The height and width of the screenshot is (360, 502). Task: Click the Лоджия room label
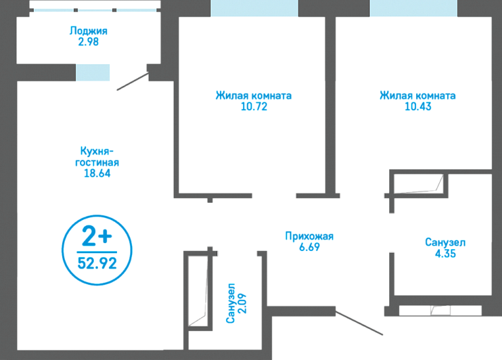point(88,30)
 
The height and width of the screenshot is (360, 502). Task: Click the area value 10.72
point(254,107)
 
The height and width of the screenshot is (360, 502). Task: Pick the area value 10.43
point(417,107)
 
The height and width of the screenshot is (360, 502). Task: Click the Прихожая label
point(309,236)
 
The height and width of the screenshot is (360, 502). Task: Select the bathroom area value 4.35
point(445,254)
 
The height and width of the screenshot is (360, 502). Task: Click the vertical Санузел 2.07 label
point(236,303)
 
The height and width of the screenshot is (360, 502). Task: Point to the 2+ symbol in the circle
point(96,234)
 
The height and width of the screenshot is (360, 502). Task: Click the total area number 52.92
point(96,263)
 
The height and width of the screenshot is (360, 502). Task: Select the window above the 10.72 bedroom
point(254,8)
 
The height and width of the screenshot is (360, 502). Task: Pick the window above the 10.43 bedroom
point(413,8)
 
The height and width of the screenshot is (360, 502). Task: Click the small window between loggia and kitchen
point(92,73)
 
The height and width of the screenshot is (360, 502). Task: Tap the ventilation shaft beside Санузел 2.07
point(197,291)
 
